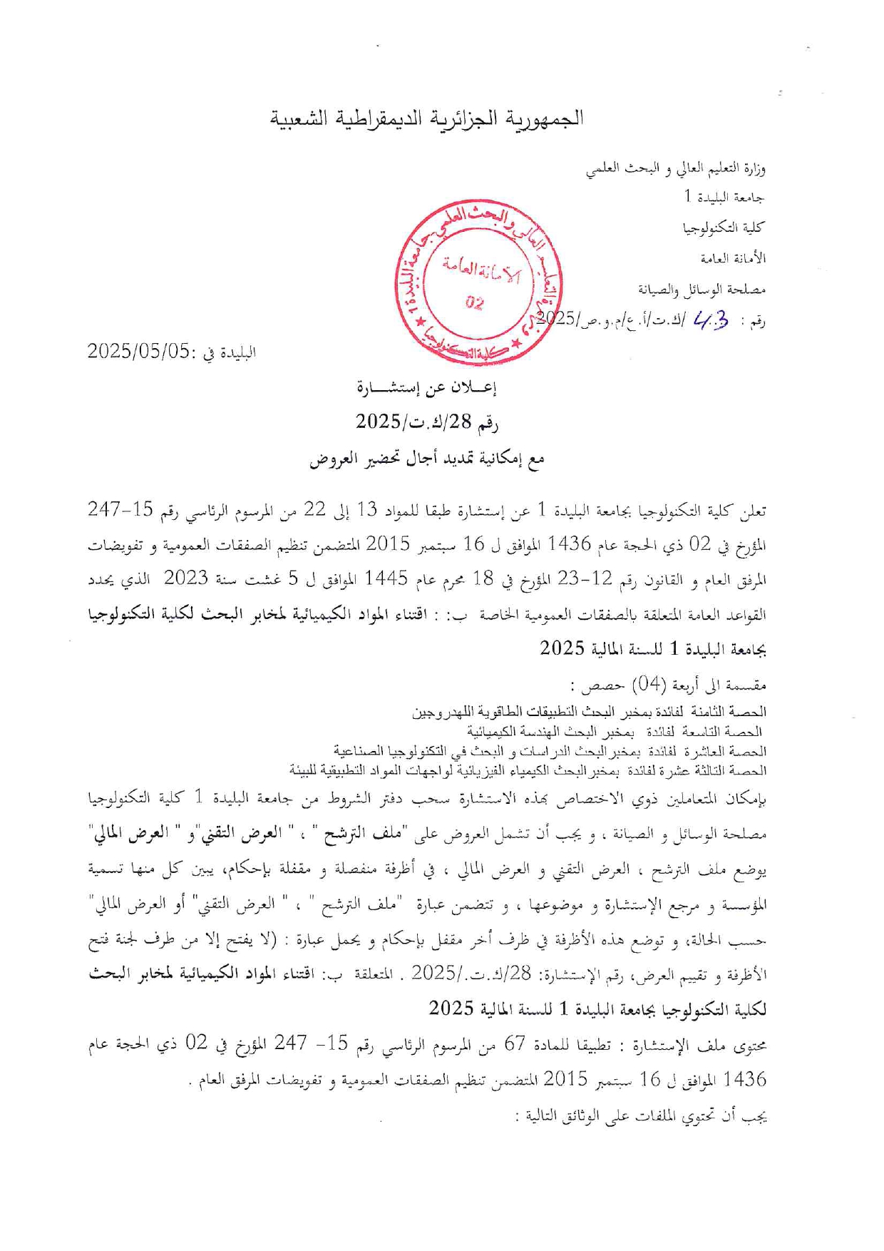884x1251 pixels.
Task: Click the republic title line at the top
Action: point(427,118)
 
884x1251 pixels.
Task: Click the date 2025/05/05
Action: point(139,351)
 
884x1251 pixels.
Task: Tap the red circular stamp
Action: point(478,283)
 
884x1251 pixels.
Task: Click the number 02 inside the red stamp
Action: point(474,303)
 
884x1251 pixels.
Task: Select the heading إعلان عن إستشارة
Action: point(426,387)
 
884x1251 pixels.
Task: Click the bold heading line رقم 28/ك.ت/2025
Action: point(427,422)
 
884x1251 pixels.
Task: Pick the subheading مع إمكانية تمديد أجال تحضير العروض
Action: point(427,459)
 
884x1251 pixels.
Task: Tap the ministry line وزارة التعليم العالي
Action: point(676,169)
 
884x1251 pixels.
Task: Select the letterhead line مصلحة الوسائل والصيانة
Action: point(702,289)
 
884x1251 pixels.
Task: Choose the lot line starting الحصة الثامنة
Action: point(590,713)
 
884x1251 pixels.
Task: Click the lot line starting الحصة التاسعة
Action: point(615,732)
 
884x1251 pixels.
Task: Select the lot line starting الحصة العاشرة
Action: point(550,751)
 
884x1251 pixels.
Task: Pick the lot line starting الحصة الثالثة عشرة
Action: point(528,770)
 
